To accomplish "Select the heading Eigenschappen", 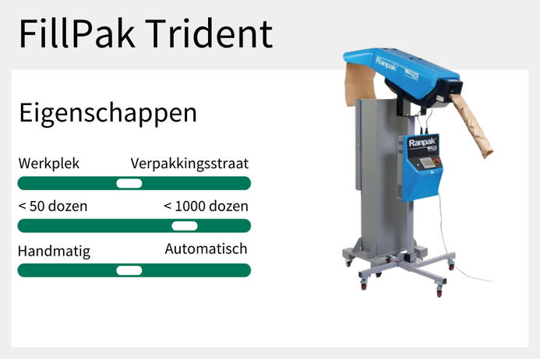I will (108, 113).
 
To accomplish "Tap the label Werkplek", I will (48, 164).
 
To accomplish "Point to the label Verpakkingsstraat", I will (189, 164).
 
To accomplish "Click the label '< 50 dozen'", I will (52, 206).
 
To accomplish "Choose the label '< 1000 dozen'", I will (206, 206).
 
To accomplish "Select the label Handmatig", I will (54, 251).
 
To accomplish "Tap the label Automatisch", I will (206, 249).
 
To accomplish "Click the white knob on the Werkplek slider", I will (129, 183).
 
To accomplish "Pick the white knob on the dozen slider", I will (185, 226).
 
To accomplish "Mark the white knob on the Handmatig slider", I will (129, 270).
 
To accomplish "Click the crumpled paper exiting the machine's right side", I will (476, 124).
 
